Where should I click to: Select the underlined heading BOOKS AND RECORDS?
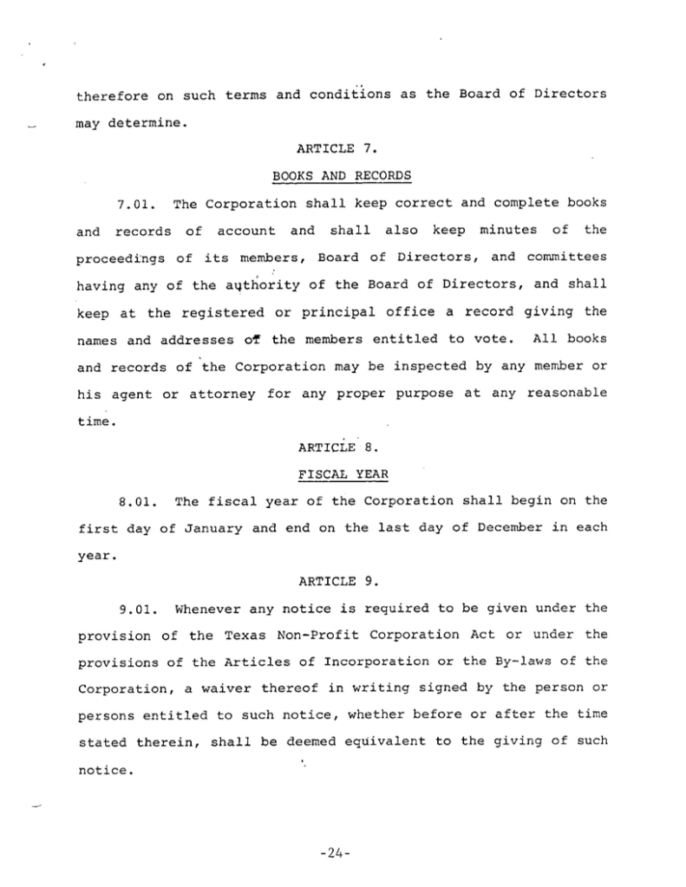pos(341,176)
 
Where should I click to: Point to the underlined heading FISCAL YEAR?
pos(340,474)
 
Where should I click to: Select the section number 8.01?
pos(136,501)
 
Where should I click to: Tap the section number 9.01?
pos(136,609)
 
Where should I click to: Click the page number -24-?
pos(333,853)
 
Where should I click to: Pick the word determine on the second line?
pos(145,122)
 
